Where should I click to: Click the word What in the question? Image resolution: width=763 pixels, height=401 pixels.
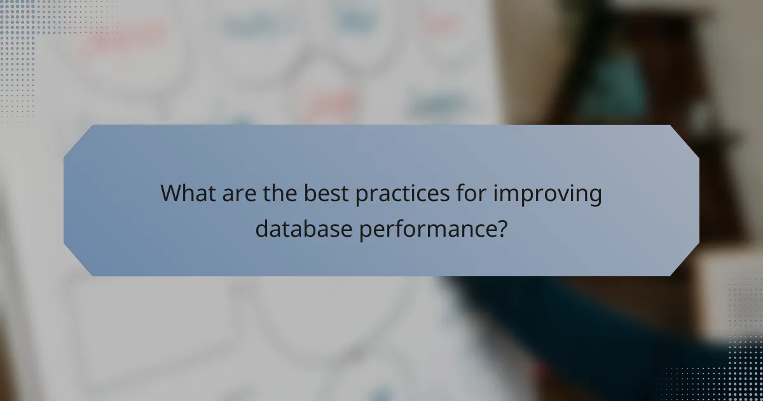186,193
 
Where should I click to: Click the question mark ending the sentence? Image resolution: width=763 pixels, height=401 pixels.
501,228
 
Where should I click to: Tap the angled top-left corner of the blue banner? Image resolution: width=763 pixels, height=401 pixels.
78,139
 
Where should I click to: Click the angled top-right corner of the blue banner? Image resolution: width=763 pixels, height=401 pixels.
685,139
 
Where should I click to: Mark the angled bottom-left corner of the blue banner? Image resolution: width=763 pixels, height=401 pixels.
78,262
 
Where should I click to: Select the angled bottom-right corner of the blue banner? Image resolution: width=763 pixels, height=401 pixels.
685,262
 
